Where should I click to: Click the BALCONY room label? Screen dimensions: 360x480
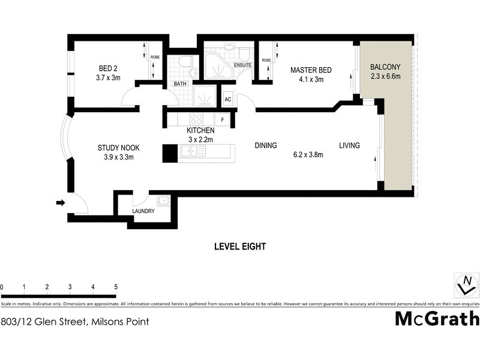pos(385,66)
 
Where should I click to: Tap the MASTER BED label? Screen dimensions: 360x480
pos(307,70)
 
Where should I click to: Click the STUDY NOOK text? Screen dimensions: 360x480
pos(115,148)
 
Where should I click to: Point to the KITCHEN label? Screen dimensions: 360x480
pos(200,130)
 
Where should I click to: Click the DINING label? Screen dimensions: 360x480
pos(265,145)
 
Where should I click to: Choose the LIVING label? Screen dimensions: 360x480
pos(349,145)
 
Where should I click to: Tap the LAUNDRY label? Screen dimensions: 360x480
pos(143,211)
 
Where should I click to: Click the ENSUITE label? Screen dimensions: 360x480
pos(243,65)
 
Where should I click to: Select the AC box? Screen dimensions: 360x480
pos(228,100)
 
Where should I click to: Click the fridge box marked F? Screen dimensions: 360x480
pos(223,120)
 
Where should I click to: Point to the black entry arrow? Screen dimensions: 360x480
pos(60,203)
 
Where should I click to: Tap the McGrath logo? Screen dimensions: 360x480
pos(437,318)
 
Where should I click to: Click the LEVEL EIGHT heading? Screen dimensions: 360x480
pos(240,247)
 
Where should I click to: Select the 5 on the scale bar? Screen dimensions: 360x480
pos(115,287)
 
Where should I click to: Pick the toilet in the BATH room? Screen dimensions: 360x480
pos(185,62)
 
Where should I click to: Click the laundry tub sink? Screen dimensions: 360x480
pos(163,201)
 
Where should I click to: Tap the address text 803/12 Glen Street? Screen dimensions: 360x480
pos(75,322)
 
